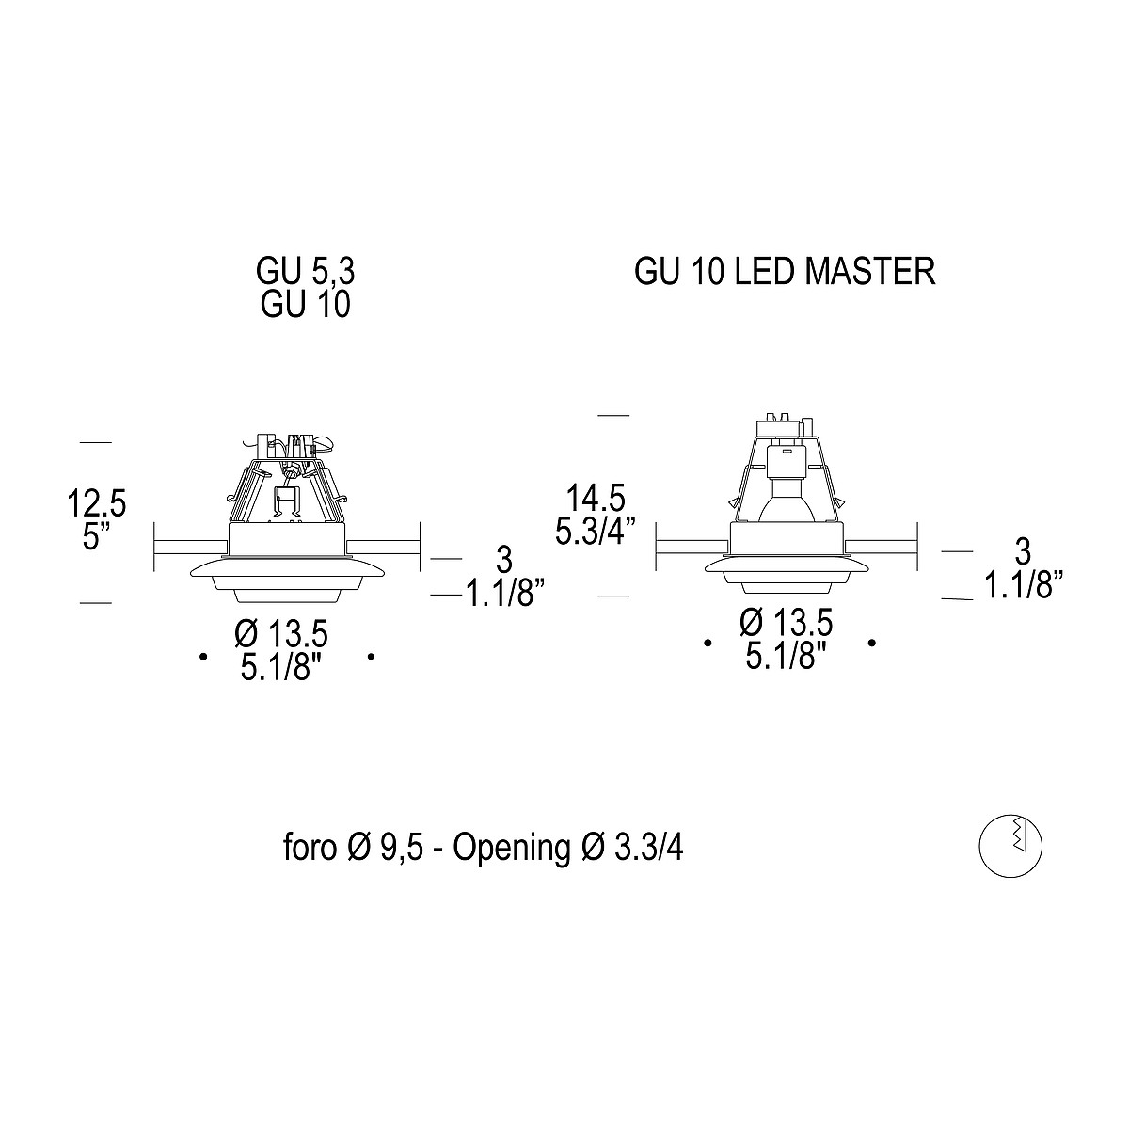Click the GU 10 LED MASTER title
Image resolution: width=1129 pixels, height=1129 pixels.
(x=785, y=272)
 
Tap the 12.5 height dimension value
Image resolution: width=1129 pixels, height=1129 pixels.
(x=96, y=503)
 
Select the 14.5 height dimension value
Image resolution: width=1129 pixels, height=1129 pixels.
(x=590, y=497)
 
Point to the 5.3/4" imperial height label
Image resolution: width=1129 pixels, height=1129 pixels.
(x=591, y=532)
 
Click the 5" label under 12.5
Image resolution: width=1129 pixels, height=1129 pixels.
(x=95, y=538)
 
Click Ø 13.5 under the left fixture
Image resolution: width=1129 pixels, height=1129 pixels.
(x=282, y=633)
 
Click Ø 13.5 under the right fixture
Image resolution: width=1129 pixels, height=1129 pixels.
(x=786, y=623)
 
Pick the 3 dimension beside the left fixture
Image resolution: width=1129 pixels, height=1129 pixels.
(x=504, y=561)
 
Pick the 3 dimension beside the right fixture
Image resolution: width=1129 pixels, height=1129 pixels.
(x=1023, y=551)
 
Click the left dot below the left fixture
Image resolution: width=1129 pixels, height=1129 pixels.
(x=203, y=657)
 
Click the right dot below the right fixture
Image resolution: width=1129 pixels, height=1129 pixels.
(x=873, y=643)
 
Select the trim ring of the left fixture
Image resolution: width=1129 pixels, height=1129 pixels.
(x=287, y=570)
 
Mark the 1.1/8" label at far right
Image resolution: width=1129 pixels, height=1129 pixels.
(x=1023, y=585)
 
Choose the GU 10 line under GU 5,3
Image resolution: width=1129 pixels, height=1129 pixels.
(x=304, y=305)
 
